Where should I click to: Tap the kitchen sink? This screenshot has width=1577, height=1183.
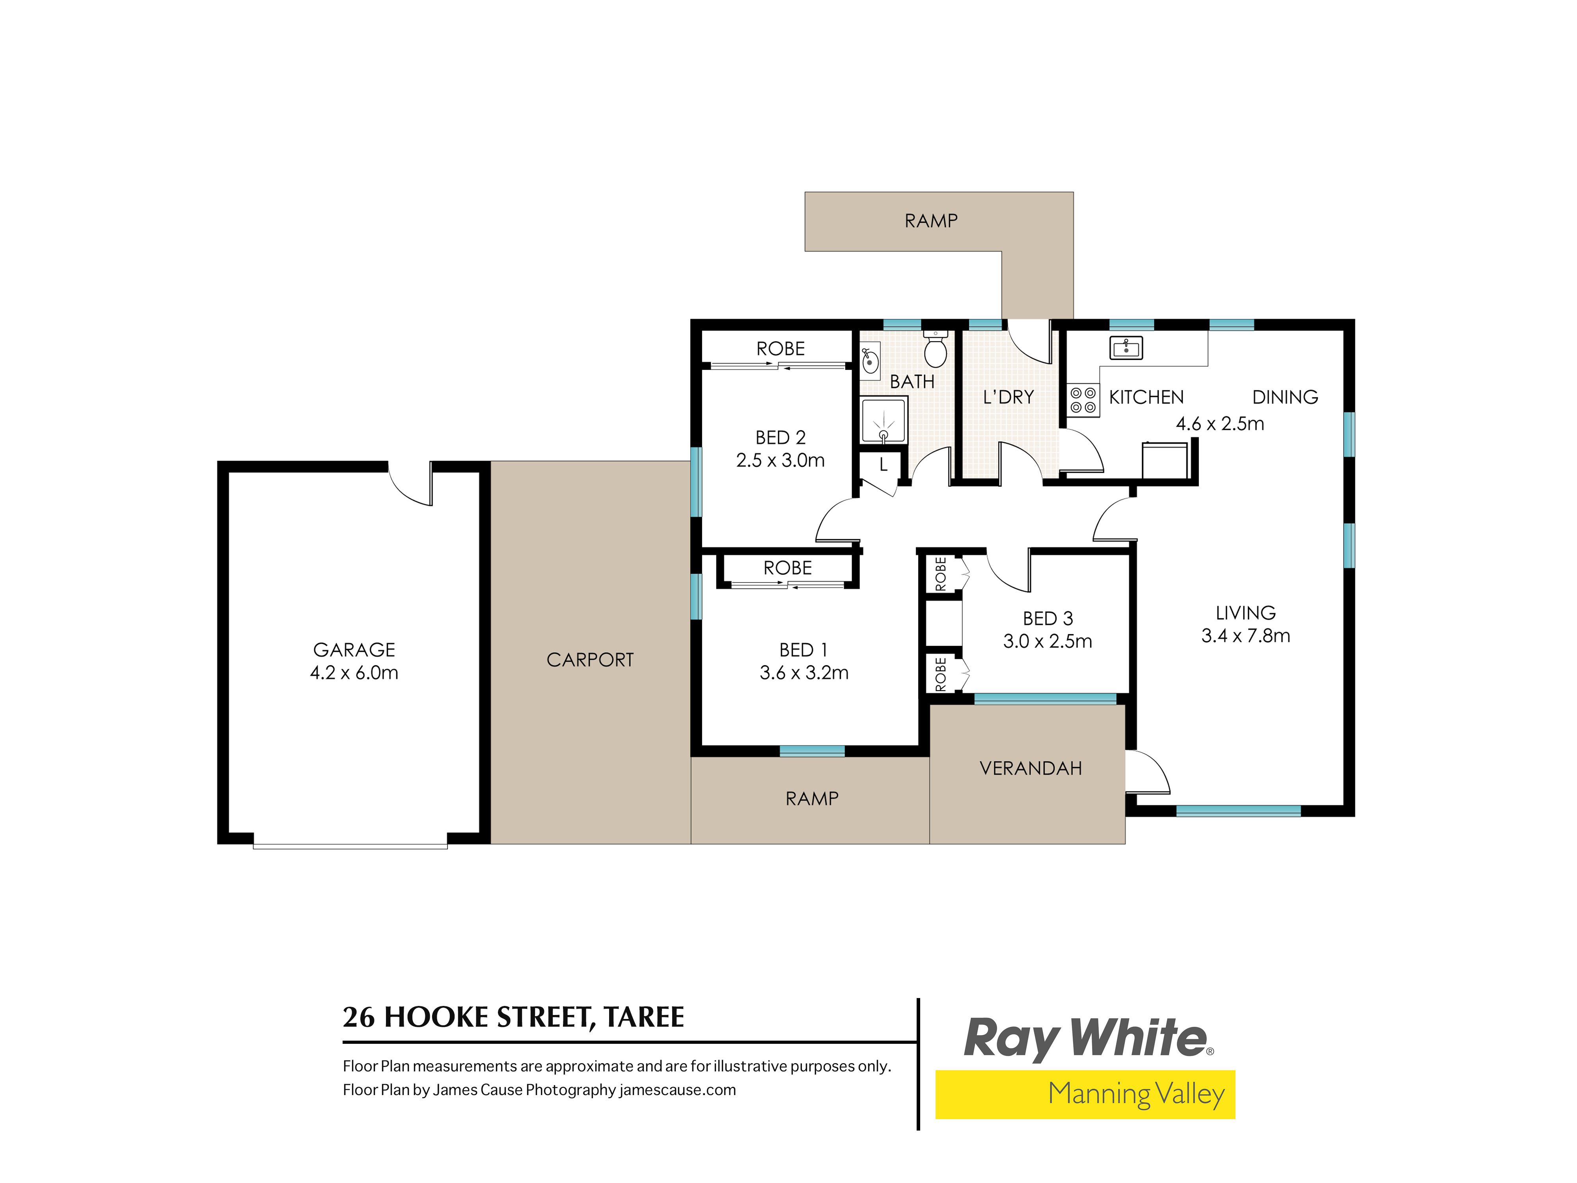(1126, 348)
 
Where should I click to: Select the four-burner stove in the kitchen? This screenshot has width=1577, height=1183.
(1083, 400)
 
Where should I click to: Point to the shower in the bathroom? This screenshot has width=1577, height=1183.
(884, 421)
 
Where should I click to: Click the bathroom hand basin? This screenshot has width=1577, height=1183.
(870, 361)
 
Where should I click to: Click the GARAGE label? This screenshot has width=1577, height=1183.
(354, 649)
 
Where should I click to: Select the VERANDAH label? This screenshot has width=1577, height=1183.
(1031, 768)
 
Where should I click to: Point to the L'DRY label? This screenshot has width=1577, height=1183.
(1008, 397)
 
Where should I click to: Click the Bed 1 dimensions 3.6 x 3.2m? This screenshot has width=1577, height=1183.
(804, 672)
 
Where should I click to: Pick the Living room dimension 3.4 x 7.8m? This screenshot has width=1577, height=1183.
(1245, 635)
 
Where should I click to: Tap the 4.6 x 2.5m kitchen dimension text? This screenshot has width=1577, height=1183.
(1220, 424)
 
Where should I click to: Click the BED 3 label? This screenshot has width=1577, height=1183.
(1047, 618)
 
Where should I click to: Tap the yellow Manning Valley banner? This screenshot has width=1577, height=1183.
(1085, 1094)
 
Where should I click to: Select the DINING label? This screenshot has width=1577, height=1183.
(1285, 397)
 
